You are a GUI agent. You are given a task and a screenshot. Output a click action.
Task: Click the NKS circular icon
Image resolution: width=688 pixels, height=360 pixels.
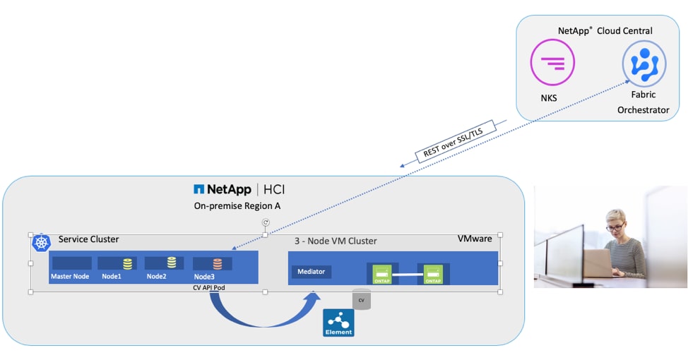(x=552, y=62)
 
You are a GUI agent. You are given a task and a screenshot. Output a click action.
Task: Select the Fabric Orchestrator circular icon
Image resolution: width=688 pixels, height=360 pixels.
(x=643, y=62)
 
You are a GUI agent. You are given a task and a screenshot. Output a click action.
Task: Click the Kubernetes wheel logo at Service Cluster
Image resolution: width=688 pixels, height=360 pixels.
(x=41, y=243)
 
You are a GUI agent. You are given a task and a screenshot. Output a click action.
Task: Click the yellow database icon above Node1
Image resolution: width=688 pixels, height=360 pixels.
(x=128, y=263)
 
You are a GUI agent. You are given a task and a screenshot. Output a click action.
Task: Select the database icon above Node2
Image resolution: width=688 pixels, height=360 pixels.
(x=172, y=263)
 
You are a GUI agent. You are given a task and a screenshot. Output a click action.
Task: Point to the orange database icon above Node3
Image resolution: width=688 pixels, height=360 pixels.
(x=218, y=263)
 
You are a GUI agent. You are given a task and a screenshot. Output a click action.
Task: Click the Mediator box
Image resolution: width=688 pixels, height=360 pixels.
(x=312, y=271)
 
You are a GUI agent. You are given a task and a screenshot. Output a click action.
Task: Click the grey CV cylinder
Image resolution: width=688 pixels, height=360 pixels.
(x=362, y=299)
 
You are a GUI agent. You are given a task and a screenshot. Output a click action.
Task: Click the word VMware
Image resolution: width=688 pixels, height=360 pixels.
(x=475, y=239)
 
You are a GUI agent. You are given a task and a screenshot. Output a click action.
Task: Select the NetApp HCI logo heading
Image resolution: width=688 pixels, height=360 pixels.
(x=239, y=189)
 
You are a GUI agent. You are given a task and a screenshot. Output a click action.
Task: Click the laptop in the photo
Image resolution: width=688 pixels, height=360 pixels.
(x=598, y=263)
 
